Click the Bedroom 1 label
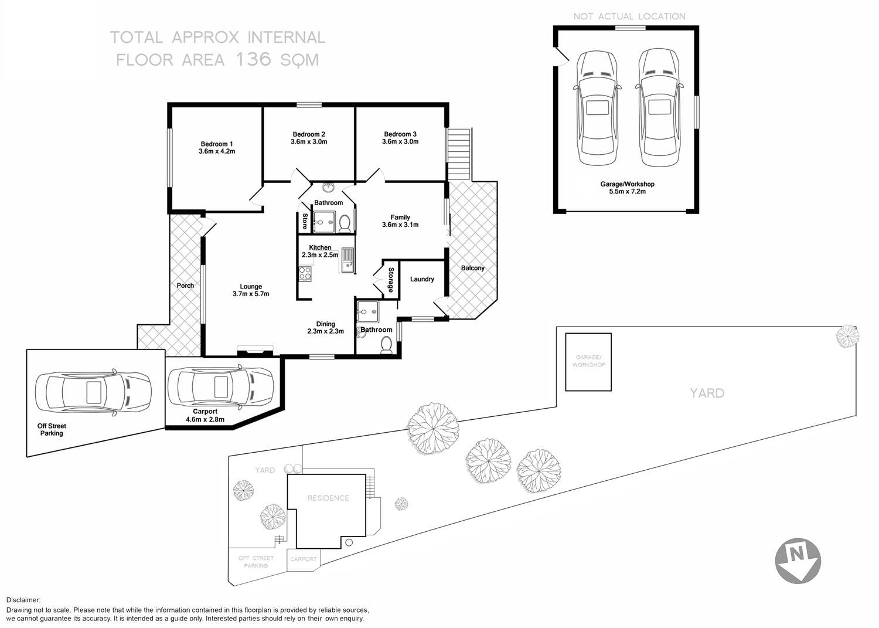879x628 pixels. point(217,144)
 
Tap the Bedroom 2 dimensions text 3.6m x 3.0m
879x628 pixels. point(309,142)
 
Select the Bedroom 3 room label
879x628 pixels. point(400,134)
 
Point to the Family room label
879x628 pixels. point(400,218)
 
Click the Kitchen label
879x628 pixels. point(320,247)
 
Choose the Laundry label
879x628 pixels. point(422,279)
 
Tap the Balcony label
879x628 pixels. point(473,268)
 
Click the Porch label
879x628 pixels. point(185,286)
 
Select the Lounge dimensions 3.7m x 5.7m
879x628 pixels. point(251,294)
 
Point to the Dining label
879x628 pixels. point(325,324)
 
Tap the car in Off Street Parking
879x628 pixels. point(93,392)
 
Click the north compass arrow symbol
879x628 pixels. point(798,560)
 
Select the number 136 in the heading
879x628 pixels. point(253,59)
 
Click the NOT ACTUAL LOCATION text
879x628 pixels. point(629,16)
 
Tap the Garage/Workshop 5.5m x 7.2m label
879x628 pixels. point(627,188)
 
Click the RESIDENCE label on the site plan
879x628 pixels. point(328,498)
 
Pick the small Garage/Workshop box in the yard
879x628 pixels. point(588,362)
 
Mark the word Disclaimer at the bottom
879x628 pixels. point(23,600)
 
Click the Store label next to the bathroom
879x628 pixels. point(305,222)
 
